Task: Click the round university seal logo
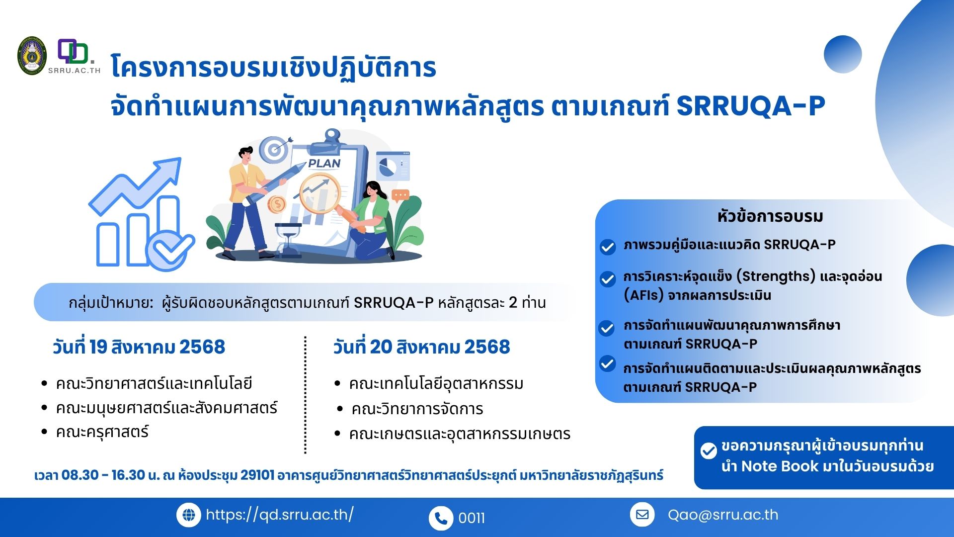pos(32,56)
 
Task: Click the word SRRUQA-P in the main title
pos(750,106)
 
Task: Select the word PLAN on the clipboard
pos(324,163)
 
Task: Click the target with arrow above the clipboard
pos(275,149)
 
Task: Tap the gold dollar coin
pos(276,204)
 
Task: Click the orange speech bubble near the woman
pos(400,196)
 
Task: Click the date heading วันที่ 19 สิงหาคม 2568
pos(139,347)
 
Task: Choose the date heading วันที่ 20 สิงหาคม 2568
pos(422,347)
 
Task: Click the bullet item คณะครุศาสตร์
pos(102,432)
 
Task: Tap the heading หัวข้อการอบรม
pos(770,216)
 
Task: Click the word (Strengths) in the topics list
pos(776,276)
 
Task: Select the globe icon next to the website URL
pos(189,515)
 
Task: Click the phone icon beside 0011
pos(441,518)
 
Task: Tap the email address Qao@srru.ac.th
pos(723,515)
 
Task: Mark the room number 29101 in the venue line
pos(257,475)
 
